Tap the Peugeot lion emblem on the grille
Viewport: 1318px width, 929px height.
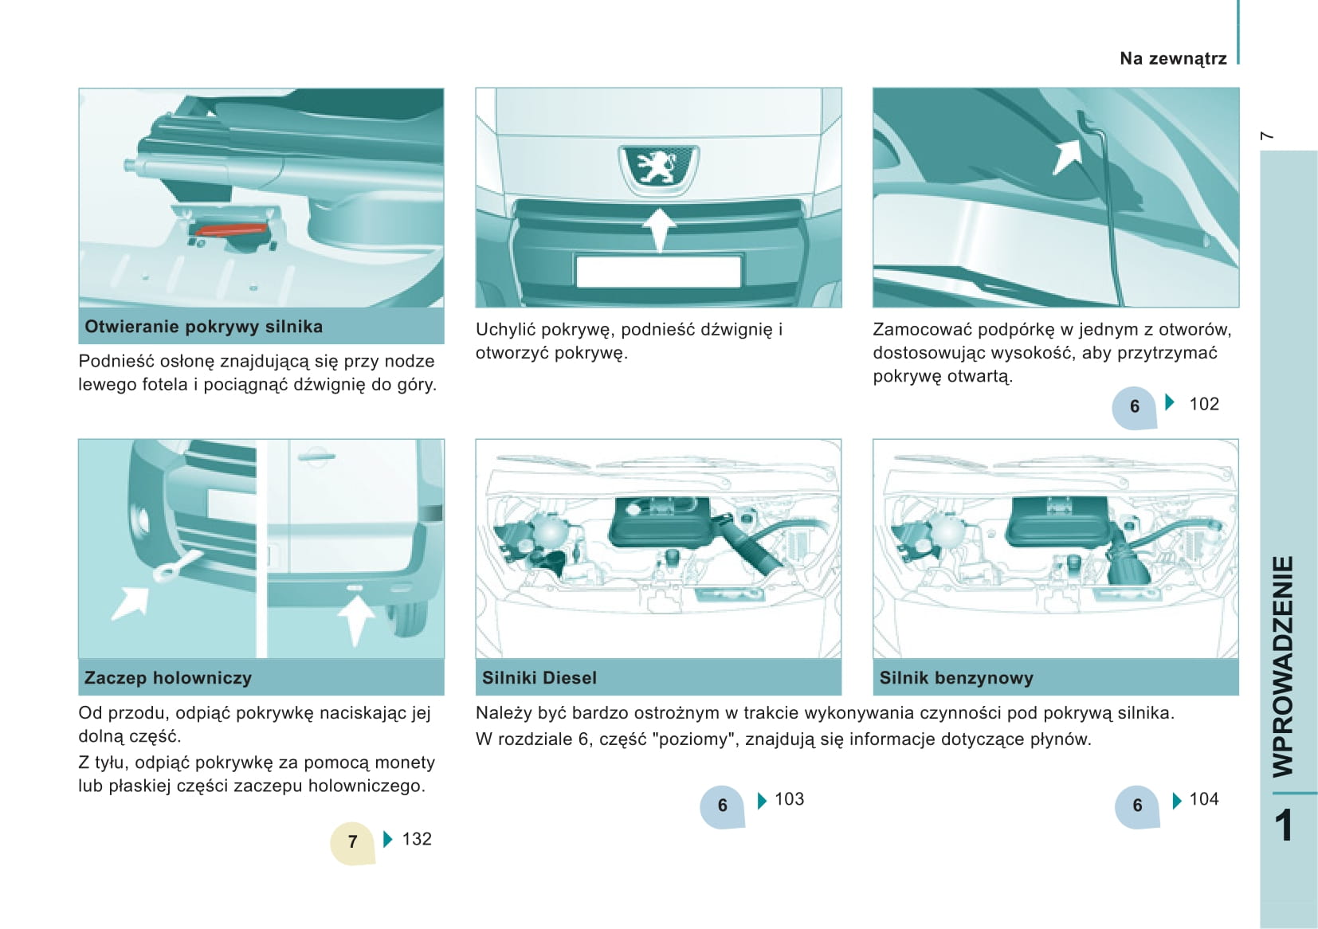[658, 166]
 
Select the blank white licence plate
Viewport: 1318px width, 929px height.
[658, 271]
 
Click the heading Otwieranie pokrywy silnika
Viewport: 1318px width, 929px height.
[203, 327]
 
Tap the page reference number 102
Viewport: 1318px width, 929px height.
[1204, 404]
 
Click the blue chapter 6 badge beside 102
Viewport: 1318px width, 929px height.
[1135, 407]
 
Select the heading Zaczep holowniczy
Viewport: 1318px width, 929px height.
[167, 678]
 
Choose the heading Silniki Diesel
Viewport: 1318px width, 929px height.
[539, 678]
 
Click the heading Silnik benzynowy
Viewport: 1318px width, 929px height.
[956, 678]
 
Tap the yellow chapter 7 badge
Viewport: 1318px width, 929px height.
[352, 842]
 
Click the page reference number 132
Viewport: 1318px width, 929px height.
[417, 839]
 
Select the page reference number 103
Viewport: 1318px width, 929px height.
[789, 799]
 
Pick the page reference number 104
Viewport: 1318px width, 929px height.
[1204, 799]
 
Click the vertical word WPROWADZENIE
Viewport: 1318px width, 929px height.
[1283, 667]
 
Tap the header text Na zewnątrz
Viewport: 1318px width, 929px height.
[1173, 59]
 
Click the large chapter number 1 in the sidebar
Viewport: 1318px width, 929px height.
[1284, 825]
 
